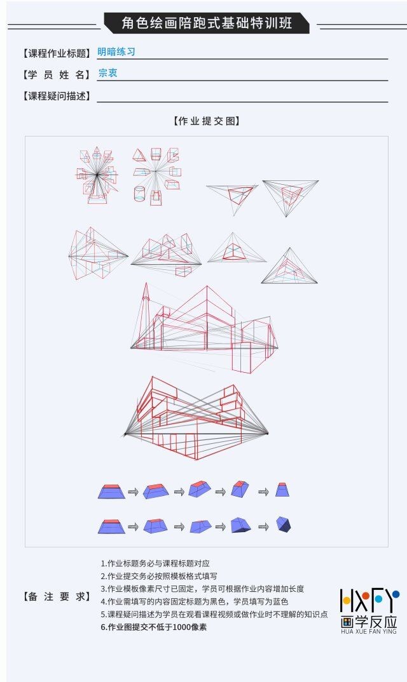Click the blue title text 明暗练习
click(116, 52)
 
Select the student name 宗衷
click(107, 73)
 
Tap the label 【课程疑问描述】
click(56, 96)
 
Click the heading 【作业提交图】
click(206, 121)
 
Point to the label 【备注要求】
click(56, 596)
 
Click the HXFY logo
click(369, 611)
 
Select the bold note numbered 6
click(153, 627)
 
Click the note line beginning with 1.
click(155, 564)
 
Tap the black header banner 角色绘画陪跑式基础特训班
click(206, 23)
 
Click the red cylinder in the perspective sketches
click(140, 193)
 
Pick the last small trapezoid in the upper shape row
click(282, 490)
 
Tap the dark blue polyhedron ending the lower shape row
click(284, 525)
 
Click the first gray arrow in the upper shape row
click(133, 492)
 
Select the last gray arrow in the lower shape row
click(264, 526)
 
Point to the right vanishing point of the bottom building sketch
click(267, 433)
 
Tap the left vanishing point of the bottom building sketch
click(125, 434)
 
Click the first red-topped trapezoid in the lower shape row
click(111, 526)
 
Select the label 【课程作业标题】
click(56, 53)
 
